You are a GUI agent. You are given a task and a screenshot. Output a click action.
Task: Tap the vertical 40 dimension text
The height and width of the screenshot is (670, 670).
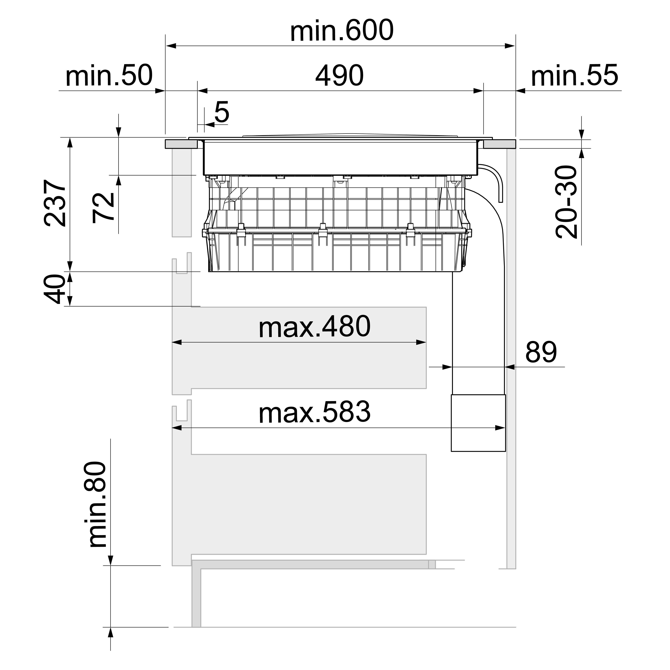(x=55, y=289)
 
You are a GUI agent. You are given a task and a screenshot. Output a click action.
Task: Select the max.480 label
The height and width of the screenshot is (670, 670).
(x=315, y=327)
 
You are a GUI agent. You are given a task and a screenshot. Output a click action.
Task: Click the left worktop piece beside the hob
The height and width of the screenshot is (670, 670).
(x=181, y=144)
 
